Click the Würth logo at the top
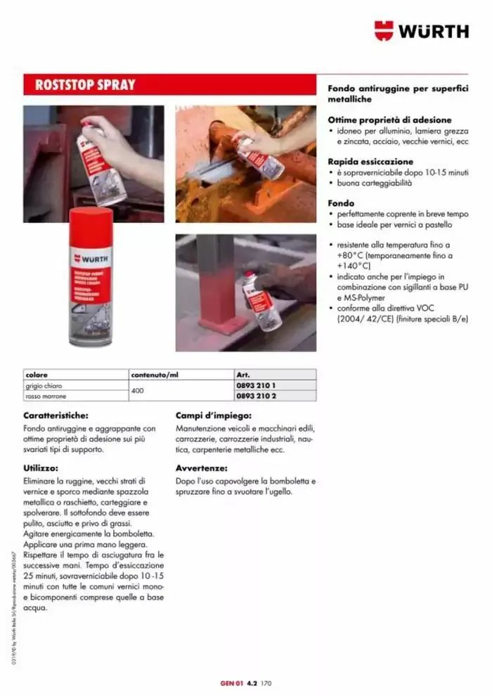point(421,30)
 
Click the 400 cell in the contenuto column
point(138,392)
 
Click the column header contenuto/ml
point(155,375)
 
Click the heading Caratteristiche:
point(56,415)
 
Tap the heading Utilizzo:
point(40,468)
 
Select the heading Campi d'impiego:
point(212,415)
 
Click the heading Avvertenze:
point(201,468)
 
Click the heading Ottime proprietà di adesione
point(389,120)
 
